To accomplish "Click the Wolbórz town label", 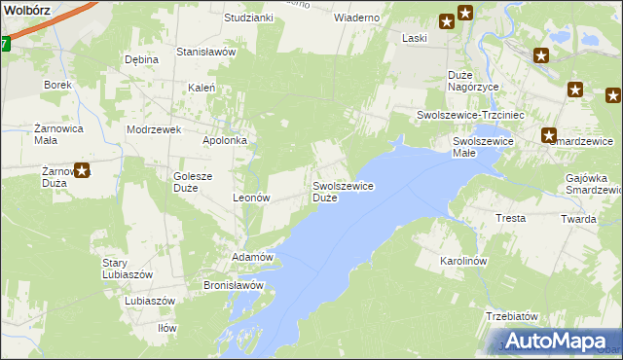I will point(25,8).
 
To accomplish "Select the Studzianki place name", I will point(248,18).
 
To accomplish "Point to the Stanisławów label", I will point(206,52).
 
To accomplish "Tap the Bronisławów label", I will point(234,286).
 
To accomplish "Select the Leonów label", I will point(251,198).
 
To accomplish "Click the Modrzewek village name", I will point(155,129).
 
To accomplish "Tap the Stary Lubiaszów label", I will point(128,269).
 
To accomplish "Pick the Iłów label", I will point(167,328).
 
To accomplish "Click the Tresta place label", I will point(511,219).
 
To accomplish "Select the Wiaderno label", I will point(356,18).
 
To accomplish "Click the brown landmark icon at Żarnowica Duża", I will point(83,171).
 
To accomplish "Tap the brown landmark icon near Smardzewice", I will point(550,137).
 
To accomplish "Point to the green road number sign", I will point(4,43).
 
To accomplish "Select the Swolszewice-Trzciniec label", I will point(471,115).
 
